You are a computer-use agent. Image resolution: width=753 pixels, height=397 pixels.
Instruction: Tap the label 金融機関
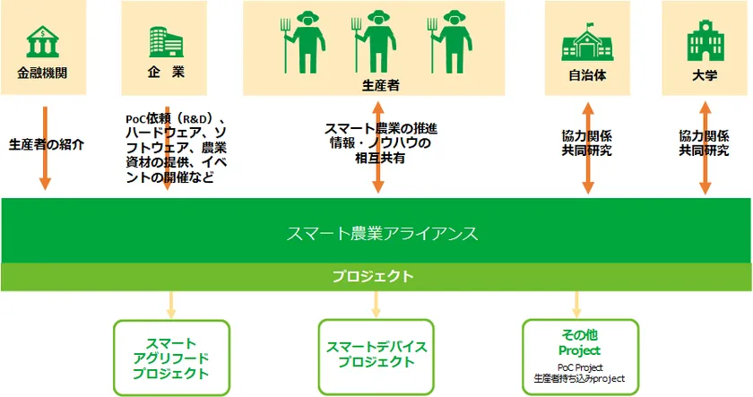(42, 73)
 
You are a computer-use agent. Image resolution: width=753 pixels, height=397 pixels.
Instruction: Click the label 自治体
(588, 75)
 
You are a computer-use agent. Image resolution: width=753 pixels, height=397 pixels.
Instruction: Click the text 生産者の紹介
(46, 143)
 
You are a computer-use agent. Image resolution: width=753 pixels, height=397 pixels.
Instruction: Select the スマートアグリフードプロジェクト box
(171, 358)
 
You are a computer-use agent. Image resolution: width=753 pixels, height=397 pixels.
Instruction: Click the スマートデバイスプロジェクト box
(376, 355)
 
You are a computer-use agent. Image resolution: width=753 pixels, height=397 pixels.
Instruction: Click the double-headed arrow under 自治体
(588, 149)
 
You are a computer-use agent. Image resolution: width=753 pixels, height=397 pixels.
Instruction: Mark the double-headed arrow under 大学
(705, 149)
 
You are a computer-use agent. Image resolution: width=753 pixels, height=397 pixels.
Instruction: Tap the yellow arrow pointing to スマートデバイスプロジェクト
(376, 303)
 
